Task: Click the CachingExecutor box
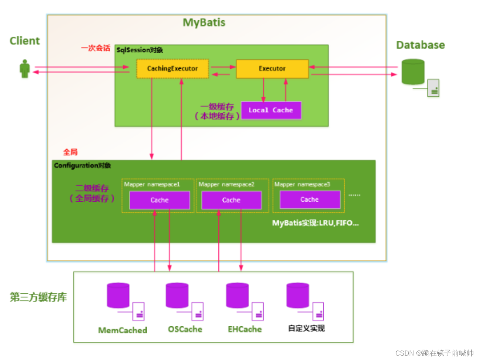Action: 172,69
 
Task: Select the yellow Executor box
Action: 272,69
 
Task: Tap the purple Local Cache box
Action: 271,110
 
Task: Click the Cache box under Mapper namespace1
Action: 160,200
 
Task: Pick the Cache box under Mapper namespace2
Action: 231,200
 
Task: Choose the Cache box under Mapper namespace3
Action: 310,200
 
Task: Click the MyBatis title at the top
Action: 204,23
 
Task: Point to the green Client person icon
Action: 25,69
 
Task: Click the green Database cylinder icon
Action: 413,72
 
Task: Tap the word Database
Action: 421,45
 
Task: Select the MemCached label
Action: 123,330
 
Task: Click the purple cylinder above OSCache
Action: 177,295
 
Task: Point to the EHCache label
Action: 245,329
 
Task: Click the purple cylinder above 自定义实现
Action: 298,295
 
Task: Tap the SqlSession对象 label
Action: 140,50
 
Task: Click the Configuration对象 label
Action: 82,165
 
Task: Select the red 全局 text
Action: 70,152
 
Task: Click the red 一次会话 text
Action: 96,48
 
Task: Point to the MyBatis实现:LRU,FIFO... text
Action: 315,223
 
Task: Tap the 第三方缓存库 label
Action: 38,297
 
